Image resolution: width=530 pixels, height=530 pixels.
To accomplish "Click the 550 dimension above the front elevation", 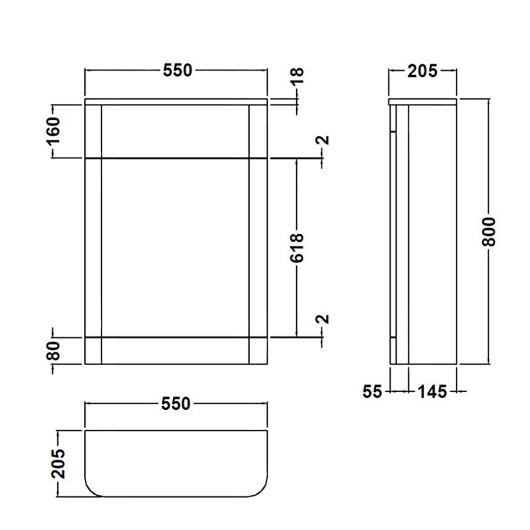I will [176, 70].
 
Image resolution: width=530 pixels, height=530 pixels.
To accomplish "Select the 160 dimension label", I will [55, 130].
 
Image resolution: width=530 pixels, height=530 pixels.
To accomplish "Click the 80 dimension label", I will [55, 350].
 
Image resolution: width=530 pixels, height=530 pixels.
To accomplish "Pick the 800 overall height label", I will [489, 231].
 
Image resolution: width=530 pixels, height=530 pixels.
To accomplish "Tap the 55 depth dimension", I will [373, 392].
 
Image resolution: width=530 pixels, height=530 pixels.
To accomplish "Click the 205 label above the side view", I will [422, 70].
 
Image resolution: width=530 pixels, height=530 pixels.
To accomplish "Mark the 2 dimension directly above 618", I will [324, 140].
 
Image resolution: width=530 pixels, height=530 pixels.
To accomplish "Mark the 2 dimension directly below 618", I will [324, 319].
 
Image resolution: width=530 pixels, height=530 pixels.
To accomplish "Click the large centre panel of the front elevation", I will [175, 247].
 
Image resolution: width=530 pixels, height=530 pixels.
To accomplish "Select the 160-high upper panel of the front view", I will [175, 131].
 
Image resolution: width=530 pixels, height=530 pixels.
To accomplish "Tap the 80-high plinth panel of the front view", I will [175, 350].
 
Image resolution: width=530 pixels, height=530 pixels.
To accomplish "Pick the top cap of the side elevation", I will [422, 101].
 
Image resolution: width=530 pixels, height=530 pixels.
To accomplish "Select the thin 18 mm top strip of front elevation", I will [176, 101].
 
